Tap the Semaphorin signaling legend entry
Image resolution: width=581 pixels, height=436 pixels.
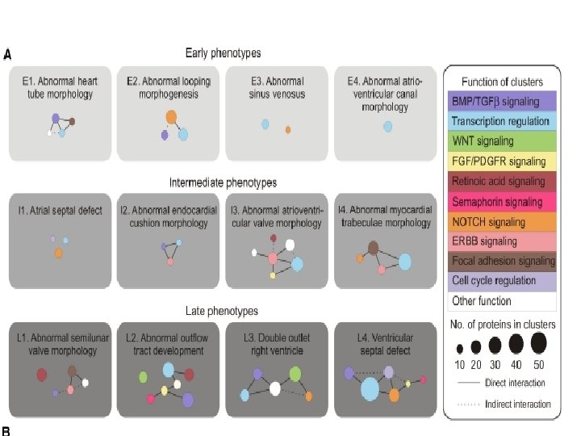pyautogui.click(x=502, y=202)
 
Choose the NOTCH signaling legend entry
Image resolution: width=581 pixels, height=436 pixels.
pyautogui.click(x=502, y=222)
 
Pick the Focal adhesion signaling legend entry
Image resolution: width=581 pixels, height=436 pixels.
pyautogui.click(x=502, y=262)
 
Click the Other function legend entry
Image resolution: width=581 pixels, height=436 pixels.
pyautogui.click(x=502, y=301)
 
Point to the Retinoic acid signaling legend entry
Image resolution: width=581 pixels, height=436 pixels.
pyautogui.click(x=502, y=182)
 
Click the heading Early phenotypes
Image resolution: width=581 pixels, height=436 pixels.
pyautogui.click(x=223, y=53)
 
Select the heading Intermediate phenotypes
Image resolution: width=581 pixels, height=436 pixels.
pyautogui.click(x=223, y=182)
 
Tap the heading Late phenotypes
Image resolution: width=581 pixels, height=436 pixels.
pyautogui.click(x=223, y=311)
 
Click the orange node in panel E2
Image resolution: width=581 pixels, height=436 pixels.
pyautogui.click(x=171, y=118)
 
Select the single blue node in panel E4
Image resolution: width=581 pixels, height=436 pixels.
pyautogui.click(x=387, y=127)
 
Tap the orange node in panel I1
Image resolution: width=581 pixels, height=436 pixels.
pyautogui.click(x=59, y=254)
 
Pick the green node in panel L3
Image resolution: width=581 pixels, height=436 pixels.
pyautogui.click(x=295, y=374)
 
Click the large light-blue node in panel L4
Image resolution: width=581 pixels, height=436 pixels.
pyautogui.click(x=370, y=390)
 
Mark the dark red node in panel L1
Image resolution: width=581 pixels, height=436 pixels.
pyautogui.click(x=42, y=375)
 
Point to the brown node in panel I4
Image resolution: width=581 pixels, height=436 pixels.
pyautogui.click(x=373, y=248)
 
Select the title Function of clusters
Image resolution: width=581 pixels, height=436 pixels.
pyautogui.click(x=502, y=82)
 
